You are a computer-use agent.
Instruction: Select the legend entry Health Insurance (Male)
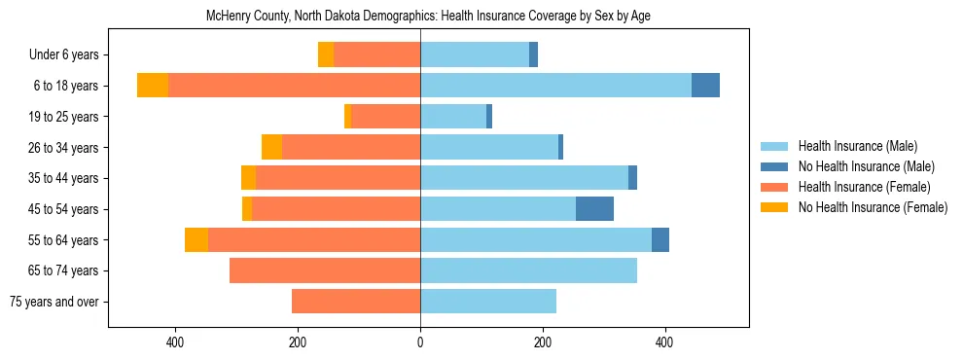click(x=857, y=146)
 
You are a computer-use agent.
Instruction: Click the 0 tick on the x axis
click(x=420, y=342)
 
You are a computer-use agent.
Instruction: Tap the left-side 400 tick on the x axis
click(x=176, y=342)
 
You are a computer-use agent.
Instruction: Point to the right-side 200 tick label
click(x=543, y=342)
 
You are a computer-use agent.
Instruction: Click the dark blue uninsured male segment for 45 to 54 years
click(x=594, y=209)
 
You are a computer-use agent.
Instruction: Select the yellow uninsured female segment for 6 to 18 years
click(x=153, y=86)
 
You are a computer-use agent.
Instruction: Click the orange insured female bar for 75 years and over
click(x=356, y=302)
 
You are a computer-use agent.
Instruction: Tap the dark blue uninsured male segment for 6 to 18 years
click(x=705, y=86)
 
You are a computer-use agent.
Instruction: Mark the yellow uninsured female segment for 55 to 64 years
click(x=196, y=239)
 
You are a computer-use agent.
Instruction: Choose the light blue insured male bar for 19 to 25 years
click(x=453, y=117)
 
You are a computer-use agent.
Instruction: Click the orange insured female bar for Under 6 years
click(x=376, y=55)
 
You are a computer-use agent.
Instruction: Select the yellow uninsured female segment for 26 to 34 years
click(x=271, y=147)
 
